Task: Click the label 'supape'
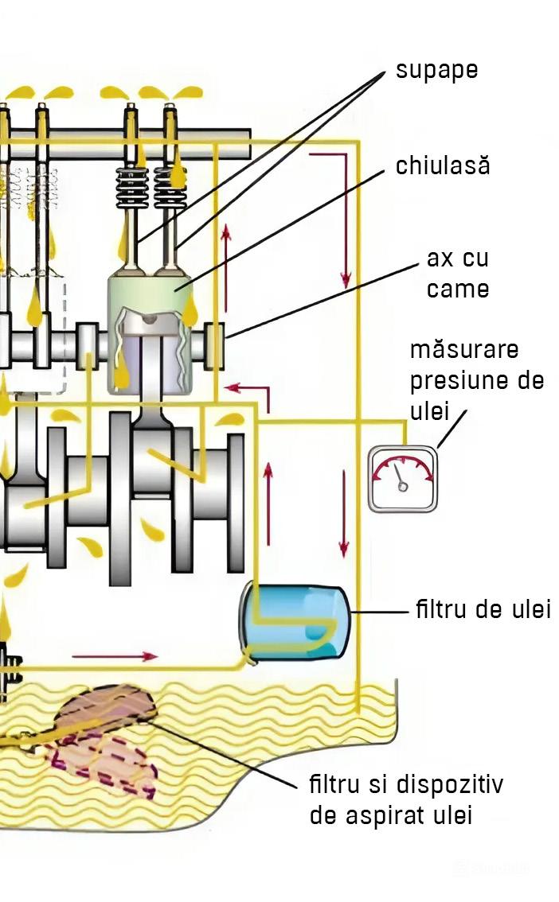coord(436,70)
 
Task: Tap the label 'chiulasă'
coord(442,166)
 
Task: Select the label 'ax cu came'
coord(458,274)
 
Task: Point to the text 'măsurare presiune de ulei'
coord(476,380)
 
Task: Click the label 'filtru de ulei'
coord(483,611)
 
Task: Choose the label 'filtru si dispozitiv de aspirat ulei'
coord(405,800)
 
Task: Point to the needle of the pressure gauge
coord(399,475)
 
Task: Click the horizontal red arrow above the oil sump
coord(115,656)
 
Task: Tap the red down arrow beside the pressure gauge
coord(344,513)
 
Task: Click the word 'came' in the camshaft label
coord(458,289)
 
